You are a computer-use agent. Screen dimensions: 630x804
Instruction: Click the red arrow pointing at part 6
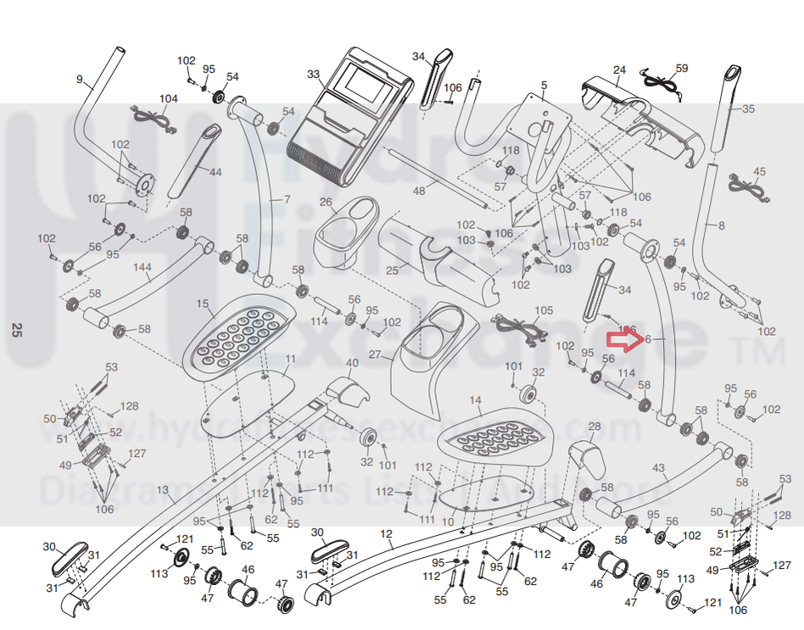point(623,340)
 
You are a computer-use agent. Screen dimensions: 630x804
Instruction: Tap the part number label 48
point(419,192)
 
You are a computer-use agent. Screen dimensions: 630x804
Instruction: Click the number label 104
point(169,99)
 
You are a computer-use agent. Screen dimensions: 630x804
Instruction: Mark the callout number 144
point(142,266)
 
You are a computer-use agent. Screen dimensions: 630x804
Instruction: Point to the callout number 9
point(79,80)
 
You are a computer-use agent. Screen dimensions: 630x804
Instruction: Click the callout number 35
point(747,109)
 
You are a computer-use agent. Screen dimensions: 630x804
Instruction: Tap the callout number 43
point(659,468)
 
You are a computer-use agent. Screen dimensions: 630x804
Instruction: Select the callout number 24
point(619,70)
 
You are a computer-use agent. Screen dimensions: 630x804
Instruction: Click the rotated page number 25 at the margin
point(14,330)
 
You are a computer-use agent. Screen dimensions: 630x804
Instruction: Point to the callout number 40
point(353,362)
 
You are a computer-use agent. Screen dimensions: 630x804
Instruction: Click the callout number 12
point(387,534)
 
